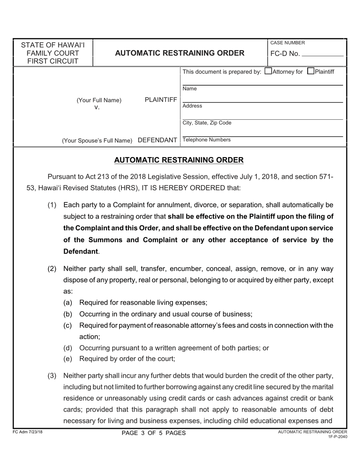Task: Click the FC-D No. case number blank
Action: [x=322, y=53]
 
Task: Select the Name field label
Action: [x=189, y=89]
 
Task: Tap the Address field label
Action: [x=192, y=106]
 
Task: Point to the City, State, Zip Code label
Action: [x=207, y=123]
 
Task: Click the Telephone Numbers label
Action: [x=207, y=140]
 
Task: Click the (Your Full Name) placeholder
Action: [x=99, y=100]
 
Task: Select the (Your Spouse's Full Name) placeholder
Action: [x=97, y=141]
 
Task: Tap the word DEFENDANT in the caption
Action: [x=157, y=140]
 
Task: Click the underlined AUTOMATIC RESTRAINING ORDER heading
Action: [x=179, y=160]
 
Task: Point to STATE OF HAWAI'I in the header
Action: [x=53, y=45]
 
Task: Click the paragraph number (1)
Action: [x=52, y=205]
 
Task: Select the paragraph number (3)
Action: [x=52, y=376]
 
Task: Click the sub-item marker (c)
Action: [x=67, y=325]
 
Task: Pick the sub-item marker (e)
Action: [x=67, y=359]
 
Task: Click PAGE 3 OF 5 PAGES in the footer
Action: [x=153, y=433]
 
